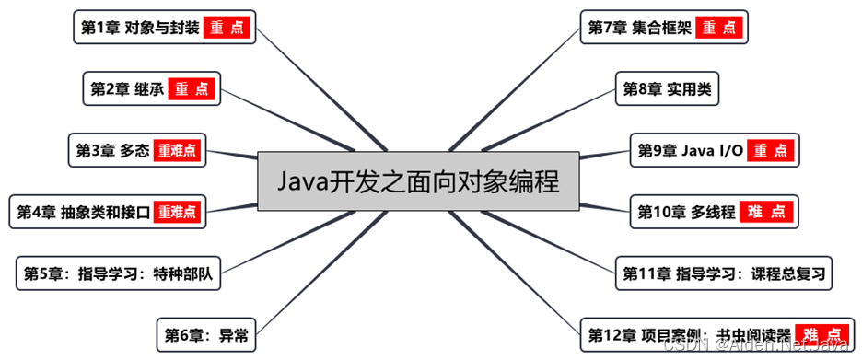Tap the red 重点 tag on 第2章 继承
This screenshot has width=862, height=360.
click(192, 89)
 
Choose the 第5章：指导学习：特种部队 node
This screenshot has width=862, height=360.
click(119, 273)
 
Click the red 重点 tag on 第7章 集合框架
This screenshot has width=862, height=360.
click(719, 28)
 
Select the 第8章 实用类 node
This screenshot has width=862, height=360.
click(666, 89)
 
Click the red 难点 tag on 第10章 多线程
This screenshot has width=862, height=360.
click(766, 212)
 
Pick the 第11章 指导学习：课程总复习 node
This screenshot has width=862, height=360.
click(722, 273)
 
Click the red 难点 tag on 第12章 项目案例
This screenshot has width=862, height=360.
click(821, 333)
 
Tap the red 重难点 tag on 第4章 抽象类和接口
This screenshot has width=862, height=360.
click(177, 212)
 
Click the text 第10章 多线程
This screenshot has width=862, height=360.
click(686, 212)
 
